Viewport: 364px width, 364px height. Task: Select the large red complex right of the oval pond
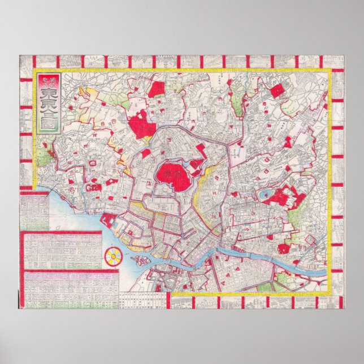pyautogui.click(x=289, y=197)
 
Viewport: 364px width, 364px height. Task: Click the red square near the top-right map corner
pyautogui.click(x=277, y=90)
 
